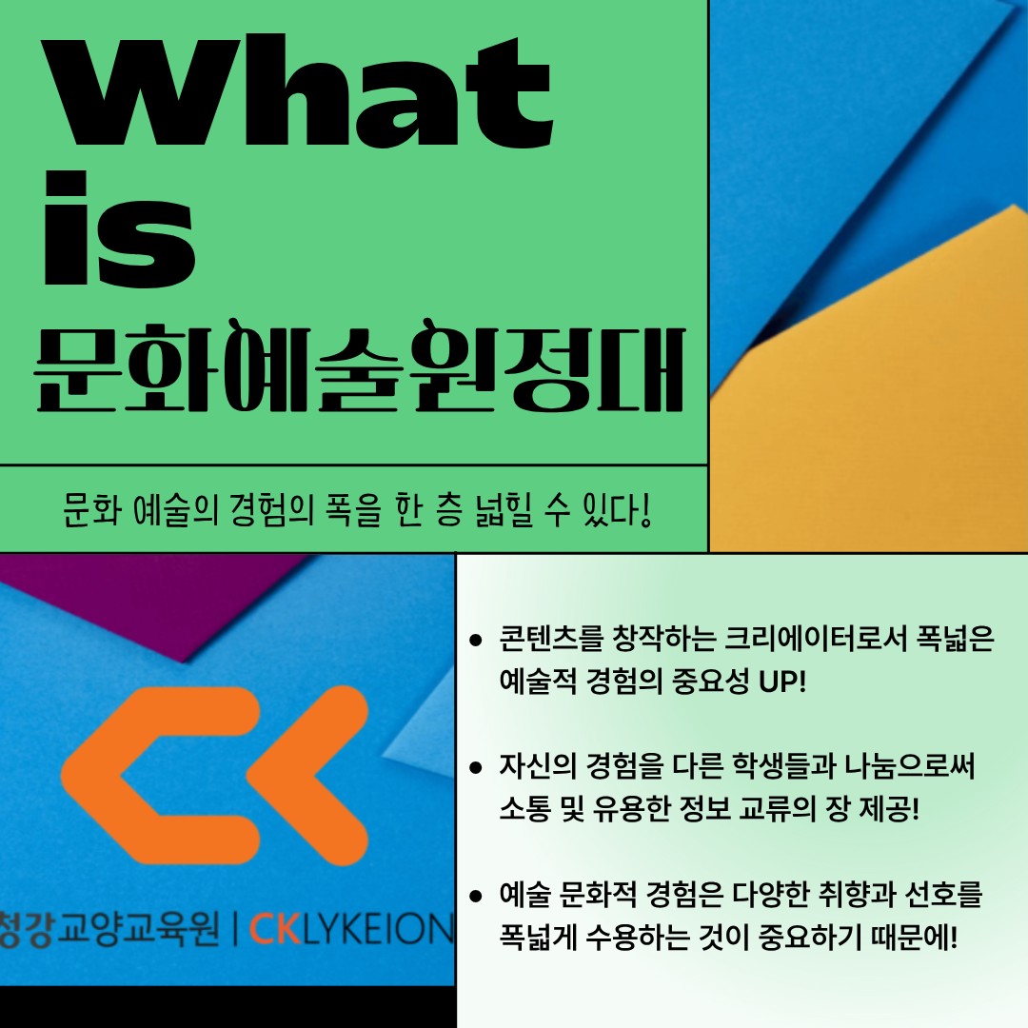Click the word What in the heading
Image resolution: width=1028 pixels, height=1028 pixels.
[298, 91]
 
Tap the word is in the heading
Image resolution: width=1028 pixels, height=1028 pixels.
[120, 228]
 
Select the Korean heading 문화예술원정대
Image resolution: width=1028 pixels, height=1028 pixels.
[360, 366]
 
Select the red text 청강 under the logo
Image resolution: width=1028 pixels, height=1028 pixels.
[27, 928]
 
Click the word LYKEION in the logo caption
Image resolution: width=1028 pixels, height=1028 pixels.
[378, 929]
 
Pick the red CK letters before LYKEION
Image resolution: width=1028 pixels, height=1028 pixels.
[275, 929]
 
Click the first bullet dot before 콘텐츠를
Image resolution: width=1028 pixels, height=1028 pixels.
[476, 641]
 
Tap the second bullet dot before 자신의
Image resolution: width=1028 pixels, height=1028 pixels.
[476, 768]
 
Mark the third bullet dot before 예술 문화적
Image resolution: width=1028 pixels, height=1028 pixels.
[476, 896]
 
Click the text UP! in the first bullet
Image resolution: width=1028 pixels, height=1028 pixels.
[782, 682]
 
